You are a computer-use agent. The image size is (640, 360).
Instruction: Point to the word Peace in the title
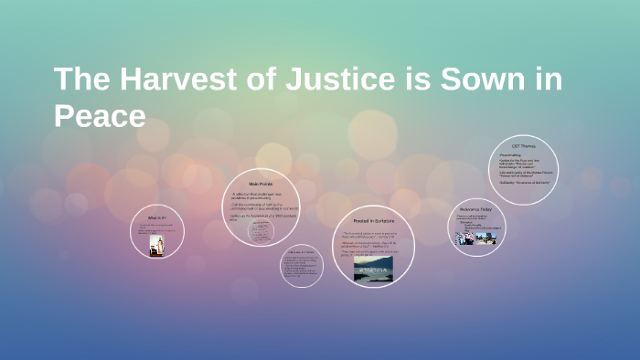pyautogui.click(x=100, y=116)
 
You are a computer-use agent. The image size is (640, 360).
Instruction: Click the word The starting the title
pyautogui.click(x=77, y=80)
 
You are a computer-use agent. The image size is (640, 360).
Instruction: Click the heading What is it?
pyautogui.click(x=156, y=218)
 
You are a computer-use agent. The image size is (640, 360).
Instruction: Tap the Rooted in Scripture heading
pyautogui.click(x=372, y=221)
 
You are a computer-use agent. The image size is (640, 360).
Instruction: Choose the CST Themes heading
pyautogui.click(x=523, y=146)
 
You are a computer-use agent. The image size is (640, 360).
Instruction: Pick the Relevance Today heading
pyautogui.click(x=475, y=210)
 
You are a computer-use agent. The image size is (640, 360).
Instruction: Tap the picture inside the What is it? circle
pyautogui.click(x=156, y=247)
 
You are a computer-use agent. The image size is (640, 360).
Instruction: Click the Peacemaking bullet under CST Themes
pyautogui.click(x=512, y=155)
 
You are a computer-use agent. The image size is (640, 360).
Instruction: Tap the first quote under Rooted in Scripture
pyautogui.click(x=372, y=235)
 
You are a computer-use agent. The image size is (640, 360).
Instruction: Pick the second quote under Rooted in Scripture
pyautogui.click(x=372, y=244)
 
